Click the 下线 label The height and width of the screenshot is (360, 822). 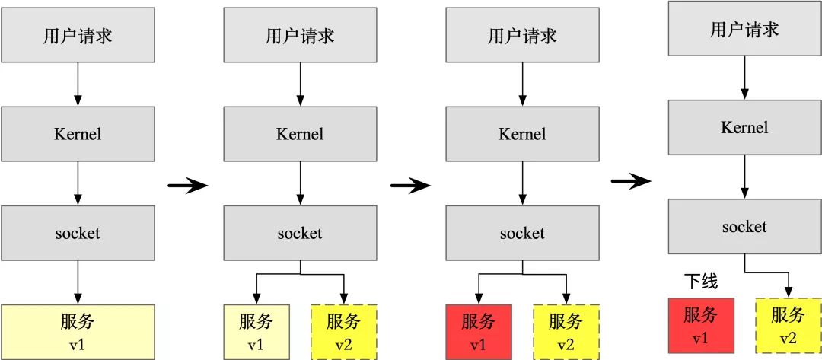tap(699, 282)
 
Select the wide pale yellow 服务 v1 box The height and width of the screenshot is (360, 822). tap(78, 331)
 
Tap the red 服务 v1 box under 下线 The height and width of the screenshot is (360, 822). tap(700, 325)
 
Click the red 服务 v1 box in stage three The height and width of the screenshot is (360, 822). tap(478, 331)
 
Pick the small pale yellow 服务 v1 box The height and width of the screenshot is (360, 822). tap(256, 331)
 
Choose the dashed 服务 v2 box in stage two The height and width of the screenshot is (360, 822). tap(344, 331)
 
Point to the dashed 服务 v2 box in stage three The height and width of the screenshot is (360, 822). tap(566, 331)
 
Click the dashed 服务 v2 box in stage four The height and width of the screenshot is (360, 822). tap(788, 325)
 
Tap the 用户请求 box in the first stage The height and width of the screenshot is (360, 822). tap(78, 36)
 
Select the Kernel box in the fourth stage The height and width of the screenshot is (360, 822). tap(744, 127)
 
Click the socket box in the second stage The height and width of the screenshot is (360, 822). tap(300, 233)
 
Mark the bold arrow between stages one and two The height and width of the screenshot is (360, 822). tap(187, 185)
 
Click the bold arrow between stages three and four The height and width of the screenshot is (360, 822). tap(631, 180)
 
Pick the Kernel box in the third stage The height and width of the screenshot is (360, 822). tap(522, 134)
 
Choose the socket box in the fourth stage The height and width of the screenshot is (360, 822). tap(744, 226)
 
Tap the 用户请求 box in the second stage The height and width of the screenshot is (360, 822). tap(300, 36)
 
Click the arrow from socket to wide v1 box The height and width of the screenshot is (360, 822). tap(78, 282)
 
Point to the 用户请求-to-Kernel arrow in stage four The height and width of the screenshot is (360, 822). tap(744, 78)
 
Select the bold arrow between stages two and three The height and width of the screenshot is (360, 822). tap(409, 185)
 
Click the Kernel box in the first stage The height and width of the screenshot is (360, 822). tap(78, 134)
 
